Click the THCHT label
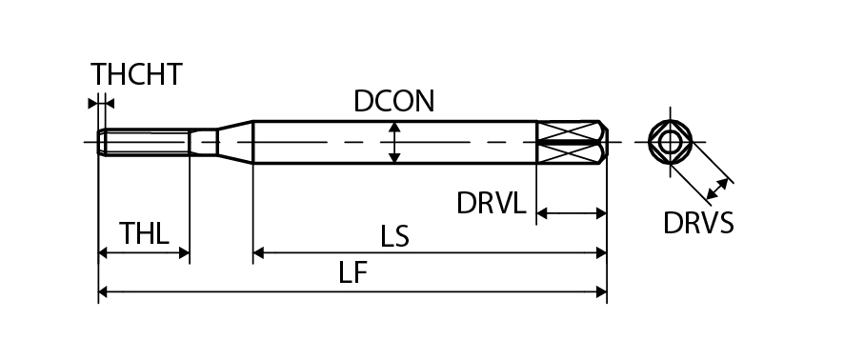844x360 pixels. point(137,74)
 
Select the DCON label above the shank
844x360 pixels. point(394,101)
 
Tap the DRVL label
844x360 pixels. point(491,204)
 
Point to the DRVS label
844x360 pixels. point(698,223)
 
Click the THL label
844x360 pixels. point(144,233)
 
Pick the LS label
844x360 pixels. point(395,236)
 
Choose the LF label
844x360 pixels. point(352,272)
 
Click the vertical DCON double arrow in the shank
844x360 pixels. point(394,142)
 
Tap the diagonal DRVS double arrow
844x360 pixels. point(717,189)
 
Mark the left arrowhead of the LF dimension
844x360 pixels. point(103,292)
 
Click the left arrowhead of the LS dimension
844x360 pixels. point(258,252)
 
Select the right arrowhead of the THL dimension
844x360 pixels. point(184,252)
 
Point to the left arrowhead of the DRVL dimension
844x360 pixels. point(542,213)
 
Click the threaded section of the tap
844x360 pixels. point(144,142)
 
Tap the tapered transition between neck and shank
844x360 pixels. point(235,142)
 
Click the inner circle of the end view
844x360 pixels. point(669,142)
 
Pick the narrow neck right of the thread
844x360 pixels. point(204,142)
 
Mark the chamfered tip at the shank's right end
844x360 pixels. point(604,142)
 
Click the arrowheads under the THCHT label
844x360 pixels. point(101,103)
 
